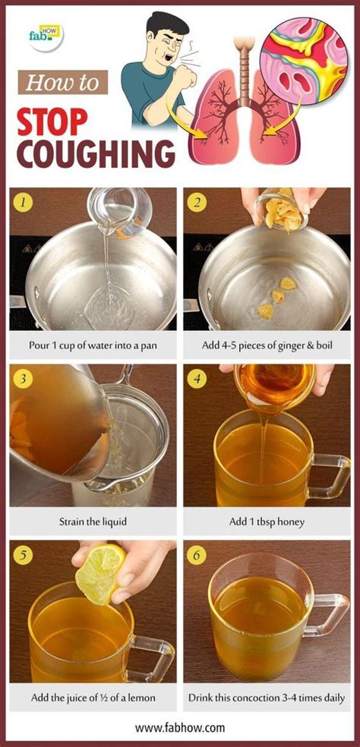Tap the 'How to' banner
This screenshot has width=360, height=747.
[x=63, y=82]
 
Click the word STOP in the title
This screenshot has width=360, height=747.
[x=55, y=119]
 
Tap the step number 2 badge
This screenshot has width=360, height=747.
[x=197, y=203]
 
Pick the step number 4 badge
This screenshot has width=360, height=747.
[x=197, y=377]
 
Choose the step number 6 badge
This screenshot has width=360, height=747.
[x=197, y=554]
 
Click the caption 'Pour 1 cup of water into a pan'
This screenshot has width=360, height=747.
[x=93, y=346]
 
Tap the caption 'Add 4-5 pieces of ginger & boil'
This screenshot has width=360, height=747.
[x=267, y=346]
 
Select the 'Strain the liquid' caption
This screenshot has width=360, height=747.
[x=93, y=522]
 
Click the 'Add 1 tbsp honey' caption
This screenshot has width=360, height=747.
[x=267, y=522]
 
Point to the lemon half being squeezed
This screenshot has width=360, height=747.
[x=99, y=575]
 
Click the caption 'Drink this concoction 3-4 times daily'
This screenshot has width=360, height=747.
[x=267, y=697]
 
